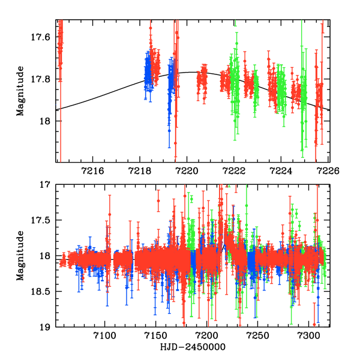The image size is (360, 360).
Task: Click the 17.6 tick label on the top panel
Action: pos(44,37)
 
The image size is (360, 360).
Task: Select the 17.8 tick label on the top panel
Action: pos(44,79)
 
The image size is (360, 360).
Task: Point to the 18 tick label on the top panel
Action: pos(48,121)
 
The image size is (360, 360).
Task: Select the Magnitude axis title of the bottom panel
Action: pos(22,256)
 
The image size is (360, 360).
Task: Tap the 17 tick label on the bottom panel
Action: pos(48,185)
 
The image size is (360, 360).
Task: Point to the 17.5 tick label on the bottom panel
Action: pos(44,221)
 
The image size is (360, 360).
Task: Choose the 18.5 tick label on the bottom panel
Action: pos(44,292)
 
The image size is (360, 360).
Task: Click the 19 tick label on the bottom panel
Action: pos(48,328)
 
